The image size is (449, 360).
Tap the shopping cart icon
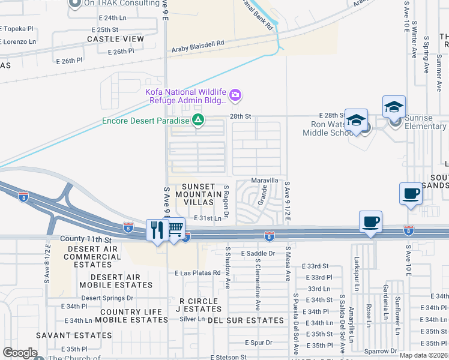tap(175, 229)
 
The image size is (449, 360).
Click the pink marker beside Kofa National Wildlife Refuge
tap(236, 95)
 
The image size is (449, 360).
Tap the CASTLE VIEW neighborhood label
tap(116, 39)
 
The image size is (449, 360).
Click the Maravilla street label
tap(265, 180)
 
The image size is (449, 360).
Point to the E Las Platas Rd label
tap(198, 273)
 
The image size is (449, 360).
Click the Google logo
tap(20, 353)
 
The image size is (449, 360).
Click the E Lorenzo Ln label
tap(18, 42)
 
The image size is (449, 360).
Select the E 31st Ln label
tap(207, 218)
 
